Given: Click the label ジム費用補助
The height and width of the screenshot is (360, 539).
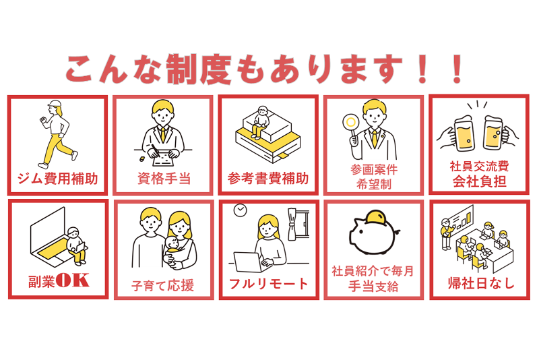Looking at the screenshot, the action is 58,179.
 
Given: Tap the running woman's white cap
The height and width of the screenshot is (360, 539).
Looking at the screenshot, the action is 54,104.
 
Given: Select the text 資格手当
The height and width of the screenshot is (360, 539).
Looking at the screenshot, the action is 164,179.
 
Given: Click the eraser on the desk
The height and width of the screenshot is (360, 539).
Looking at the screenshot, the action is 142,159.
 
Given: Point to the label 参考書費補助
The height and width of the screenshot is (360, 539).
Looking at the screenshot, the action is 268,179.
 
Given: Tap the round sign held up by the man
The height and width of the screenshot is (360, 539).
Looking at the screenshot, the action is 351,123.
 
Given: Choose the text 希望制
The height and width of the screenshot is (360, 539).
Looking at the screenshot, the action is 374,184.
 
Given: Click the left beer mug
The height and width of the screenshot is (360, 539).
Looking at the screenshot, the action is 463,134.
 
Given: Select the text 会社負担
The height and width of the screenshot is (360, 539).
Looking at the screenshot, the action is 479,181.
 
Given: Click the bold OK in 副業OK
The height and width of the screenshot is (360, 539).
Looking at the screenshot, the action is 73,280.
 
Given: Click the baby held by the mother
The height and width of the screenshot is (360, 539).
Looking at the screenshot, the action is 173,249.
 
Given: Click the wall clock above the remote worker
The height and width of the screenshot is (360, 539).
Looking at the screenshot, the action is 241,210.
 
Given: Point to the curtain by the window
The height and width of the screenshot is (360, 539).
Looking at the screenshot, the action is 292,224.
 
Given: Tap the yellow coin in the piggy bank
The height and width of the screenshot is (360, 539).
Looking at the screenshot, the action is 377,218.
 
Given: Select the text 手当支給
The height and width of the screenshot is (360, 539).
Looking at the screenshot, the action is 374,287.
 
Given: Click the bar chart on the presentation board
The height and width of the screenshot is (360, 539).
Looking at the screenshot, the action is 465,219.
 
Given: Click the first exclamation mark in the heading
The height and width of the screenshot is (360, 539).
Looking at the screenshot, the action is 423,69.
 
